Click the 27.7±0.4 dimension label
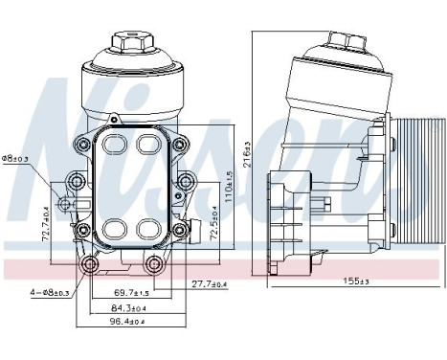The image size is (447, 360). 208,283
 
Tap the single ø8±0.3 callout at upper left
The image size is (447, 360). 14,159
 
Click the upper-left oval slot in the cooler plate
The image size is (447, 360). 113,145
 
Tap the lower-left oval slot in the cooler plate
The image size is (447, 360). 113,230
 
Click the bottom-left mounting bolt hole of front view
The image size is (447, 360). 91,265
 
